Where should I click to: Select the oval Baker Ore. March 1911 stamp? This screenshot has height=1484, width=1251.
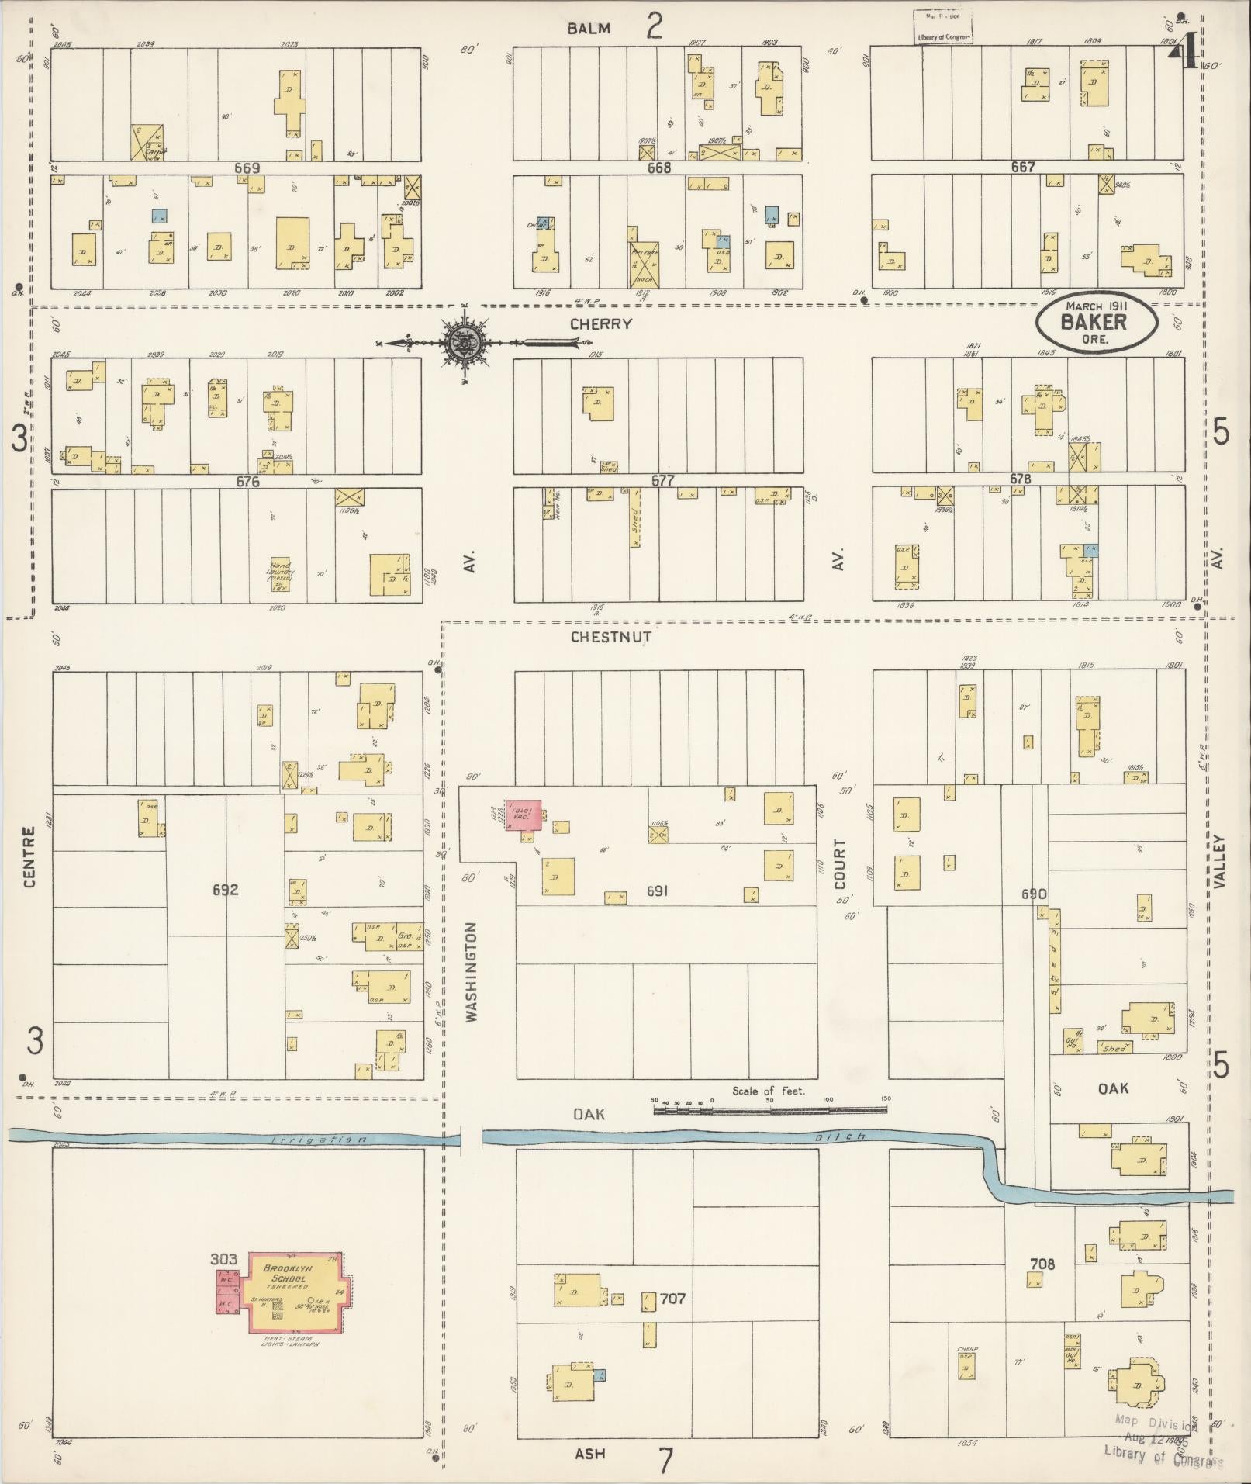pyautogui.click(x=1098, y=322)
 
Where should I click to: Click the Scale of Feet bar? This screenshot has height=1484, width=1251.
pyautogui.click(x=769, y=1110)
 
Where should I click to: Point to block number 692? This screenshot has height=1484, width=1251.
pyautogui.click(x=226, y=890)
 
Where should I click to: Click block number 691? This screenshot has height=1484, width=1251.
pyautogui.click(x=657, y=891)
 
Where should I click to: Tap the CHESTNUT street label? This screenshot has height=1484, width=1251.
pyautogui.click(x=610, y=637)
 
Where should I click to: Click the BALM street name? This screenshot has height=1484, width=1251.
pyautogui.click(x=589, y=29)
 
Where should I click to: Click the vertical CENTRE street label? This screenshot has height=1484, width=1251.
pyautogui.click(x=29, y=857)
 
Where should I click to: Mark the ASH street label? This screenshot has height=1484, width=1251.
pyautogui.click(x=589, y=1454)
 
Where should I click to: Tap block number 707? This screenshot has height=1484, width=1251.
pyautogui.click(x=672, y=1299)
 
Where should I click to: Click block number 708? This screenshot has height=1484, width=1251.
pyautogui.click(x=1042, y=1264)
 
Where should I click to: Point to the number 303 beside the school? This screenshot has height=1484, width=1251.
pyautogui.click(x=223, y=1258)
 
